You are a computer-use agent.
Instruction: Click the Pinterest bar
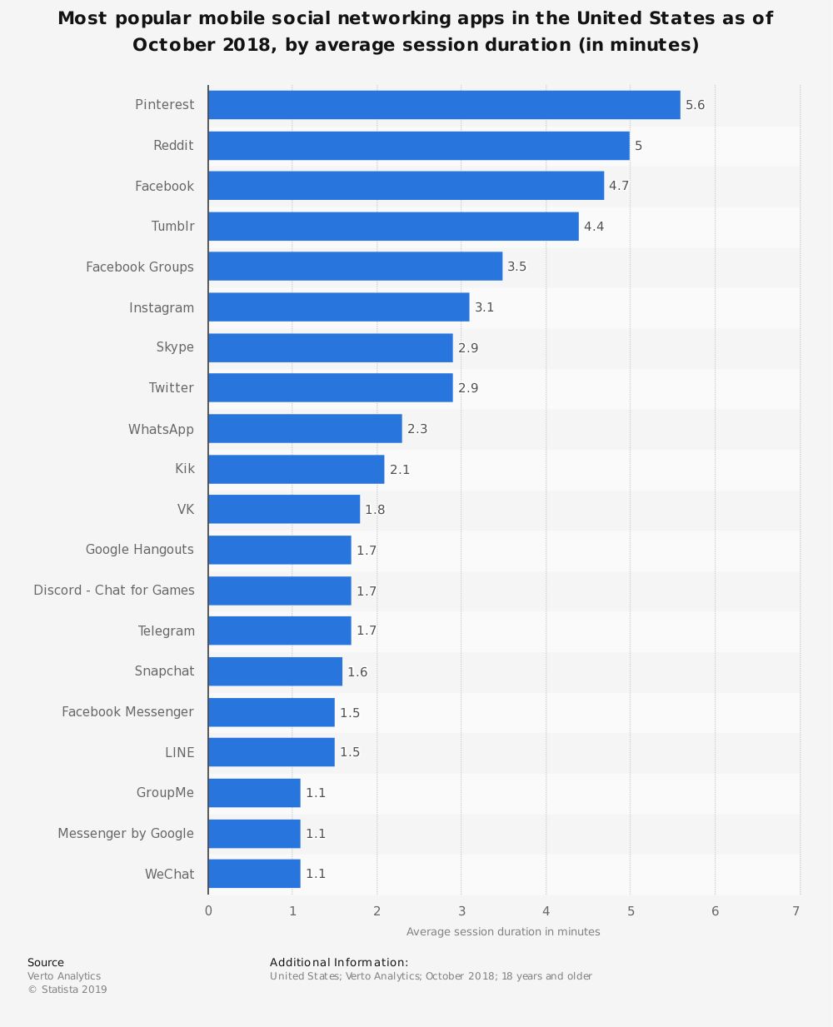(444, 105)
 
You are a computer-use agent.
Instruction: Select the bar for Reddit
(419, 146)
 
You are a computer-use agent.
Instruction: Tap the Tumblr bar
(393, 227)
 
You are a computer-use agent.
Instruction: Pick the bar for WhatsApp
(305, 429)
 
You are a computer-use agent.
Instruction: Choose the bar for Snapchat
(275, 671)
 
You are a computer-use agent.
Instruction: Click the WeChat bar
(254, 874)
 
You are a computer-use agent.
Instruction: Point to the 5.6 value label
(695, 105)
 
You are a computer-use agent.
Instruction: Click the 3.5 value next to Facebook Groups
(516, 267)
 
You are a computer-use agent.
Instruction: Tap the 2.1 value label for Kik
(400, 470)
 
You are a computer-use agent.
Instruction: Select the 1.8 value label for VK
(375, 510)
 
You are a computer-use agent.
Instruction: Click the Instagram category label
(162, 307)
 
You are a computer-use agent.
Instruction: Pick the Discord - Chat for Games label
(114, 590)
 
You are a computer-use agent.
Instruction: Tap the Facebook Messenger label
(127, 711)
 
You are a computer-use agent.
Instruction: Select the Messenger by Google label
(126, 833)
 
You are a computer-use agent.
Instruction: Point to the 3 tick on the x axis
(461, 911)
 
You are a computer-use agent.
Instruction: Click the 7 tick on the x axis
(796, 911)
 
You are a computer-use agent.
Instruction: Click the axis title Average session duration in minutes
(503, 931)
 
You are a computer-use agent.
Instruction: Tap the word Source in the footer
(46, 962)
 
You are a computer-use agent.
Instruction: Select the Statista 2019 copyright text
(67, 990)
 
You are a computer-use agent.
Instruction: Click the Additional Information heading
(339, 962)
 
